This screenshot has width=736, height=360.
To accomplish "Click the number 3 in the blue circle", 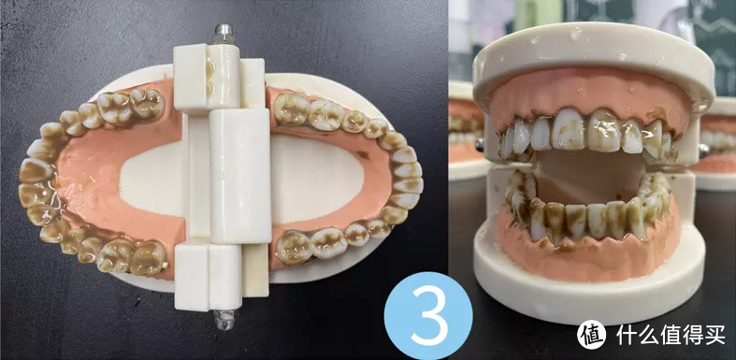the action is (x=427, y=317).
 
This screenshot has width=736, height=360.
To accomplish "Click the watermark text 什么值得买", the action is (x=671, y=334).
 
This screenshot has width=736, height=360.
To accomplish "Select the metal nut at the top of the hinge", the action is (x=224, y=34).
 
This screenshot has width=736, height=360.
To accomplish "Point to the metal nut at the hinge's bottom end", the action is (x=224, y=320).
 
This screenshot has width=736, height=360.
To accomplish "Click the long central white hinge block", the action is (x=239, y=176).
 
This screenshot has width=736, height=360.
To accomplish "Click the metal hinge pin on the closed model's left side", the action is (x=480, y=145).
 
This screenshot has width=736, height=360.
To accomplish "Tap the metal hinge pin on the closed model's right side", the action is (x=703, y=151).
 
